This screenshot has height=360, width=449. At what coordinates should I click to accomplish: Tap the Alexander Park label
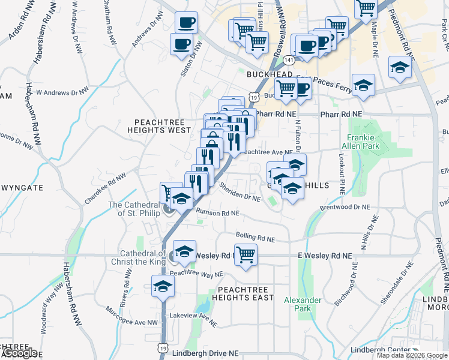(303, 304)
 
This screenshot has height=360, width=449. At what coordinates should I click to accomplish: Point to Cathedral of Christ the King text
(138, 257)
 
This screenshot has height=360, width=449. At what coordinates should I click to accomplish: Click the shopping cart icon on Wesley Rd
(246, 254)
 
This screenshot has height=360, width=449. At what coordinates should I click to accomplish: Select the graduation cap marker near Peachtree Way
(163, 286)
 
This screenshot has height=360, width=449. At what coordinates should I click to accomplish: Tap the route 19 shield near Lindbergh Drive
(163, 347)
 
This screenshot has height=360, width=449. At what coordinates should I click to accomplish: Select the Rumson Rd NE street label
(218, 213)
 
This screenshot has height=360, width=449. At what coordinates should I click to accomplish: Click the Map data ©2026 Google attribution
(412, 355)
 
